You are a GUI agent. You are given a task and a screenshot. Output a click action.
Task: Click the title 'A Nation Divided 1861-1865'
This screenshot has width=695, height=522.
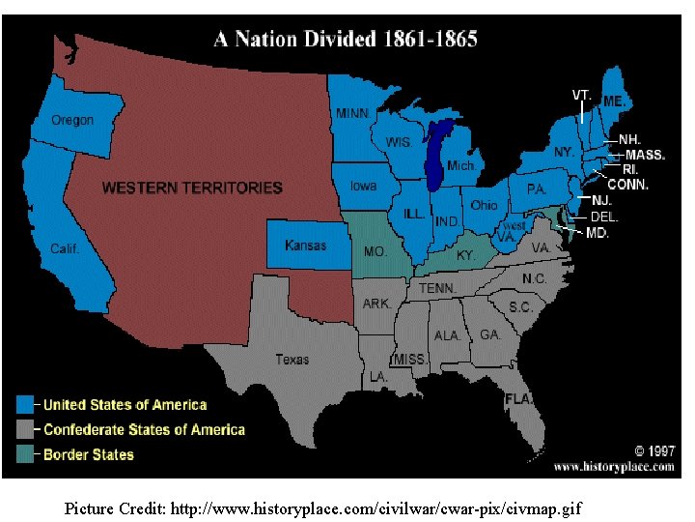[345, 40]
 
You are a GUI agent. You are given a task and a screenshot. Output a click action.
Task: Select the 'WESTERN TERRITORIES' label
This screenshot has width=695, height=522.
[192, 188]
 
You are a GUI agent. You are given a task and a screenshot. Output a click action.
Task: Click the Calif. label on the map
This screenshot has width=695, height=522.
[65, 248]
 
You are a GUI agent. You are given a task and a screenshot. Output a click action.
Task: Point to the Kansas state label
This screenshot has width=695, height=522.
[305, 246]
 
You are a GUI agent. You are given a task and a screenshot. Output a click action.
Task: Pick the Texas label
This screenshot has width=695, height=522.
[292, 360]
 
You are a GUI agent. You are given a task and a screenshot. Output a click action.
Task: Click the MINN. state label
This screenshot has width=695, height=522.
[353, 113]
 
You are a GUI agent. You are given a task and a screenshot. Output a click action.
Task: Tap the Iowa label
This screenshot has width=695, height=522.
[363, 186]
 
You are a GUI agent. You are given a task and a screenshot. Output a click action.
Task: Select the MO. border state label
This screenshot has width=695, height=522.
[375, 251]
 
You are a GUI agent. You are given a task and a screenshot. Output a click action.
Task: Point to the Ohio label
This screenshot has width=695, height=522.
[485, 205]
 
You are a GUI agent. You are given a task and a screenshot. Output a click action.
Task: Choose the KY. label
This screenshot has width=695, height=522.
[465, 256]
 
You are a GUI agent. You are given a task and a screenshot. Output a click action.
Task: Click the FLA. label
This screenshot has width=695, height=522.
[518, 398]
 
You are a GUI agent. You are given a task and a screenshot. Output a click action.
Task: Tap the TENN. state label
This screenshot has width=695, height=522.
[437, 289]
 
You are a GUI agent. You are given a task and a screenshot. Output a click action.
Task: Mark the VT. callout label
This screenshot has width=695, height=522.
[581, 95]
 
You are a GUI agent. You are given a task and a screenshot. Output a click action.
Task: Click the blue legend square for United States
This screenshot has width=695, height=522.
[26, 405]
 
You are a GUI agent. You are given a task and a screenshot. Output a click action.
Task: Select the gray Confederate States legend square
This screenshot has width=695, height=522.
[26, 429]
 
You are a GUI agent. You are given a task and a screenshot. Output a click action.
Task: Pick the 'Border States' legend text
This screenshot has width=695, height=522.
[89, 454]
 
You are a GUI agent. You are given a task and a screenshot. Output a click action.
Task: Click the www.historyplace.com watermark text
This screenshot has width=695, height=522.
[614, 466]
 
